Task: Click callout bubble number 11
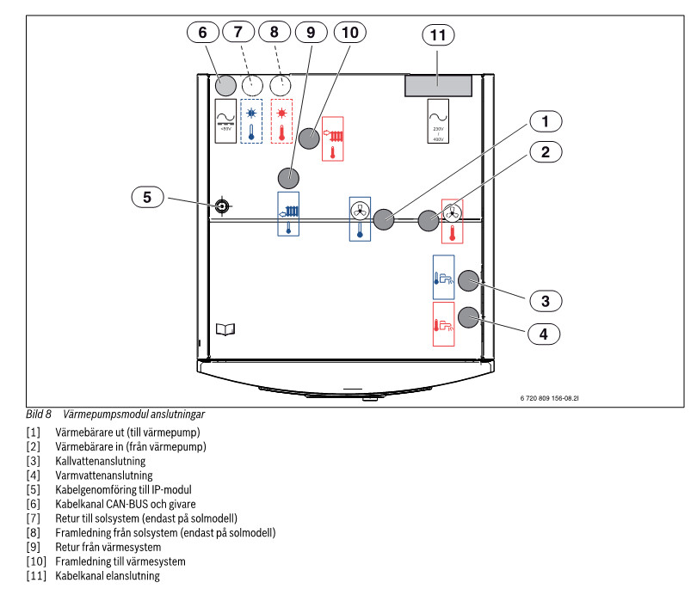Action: click(x=438, y=35)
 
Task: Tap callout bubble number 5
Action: click(x=147, y=197)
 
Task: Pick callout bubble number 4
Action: click(x=544, y=333)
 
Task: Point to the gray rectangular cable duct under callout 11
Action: click(x=439, y=85)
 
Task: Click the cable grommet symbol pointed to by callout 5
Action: click(x=223, y=206)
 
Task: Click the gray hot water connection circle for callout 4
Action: click(x=468, y=317)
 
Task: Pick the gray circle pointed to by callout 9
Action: click(x=289, y=178)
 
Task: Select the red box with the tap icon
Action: click(x=444, y=323)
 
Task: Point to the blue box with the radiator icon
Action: click(x=288, y=214)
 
